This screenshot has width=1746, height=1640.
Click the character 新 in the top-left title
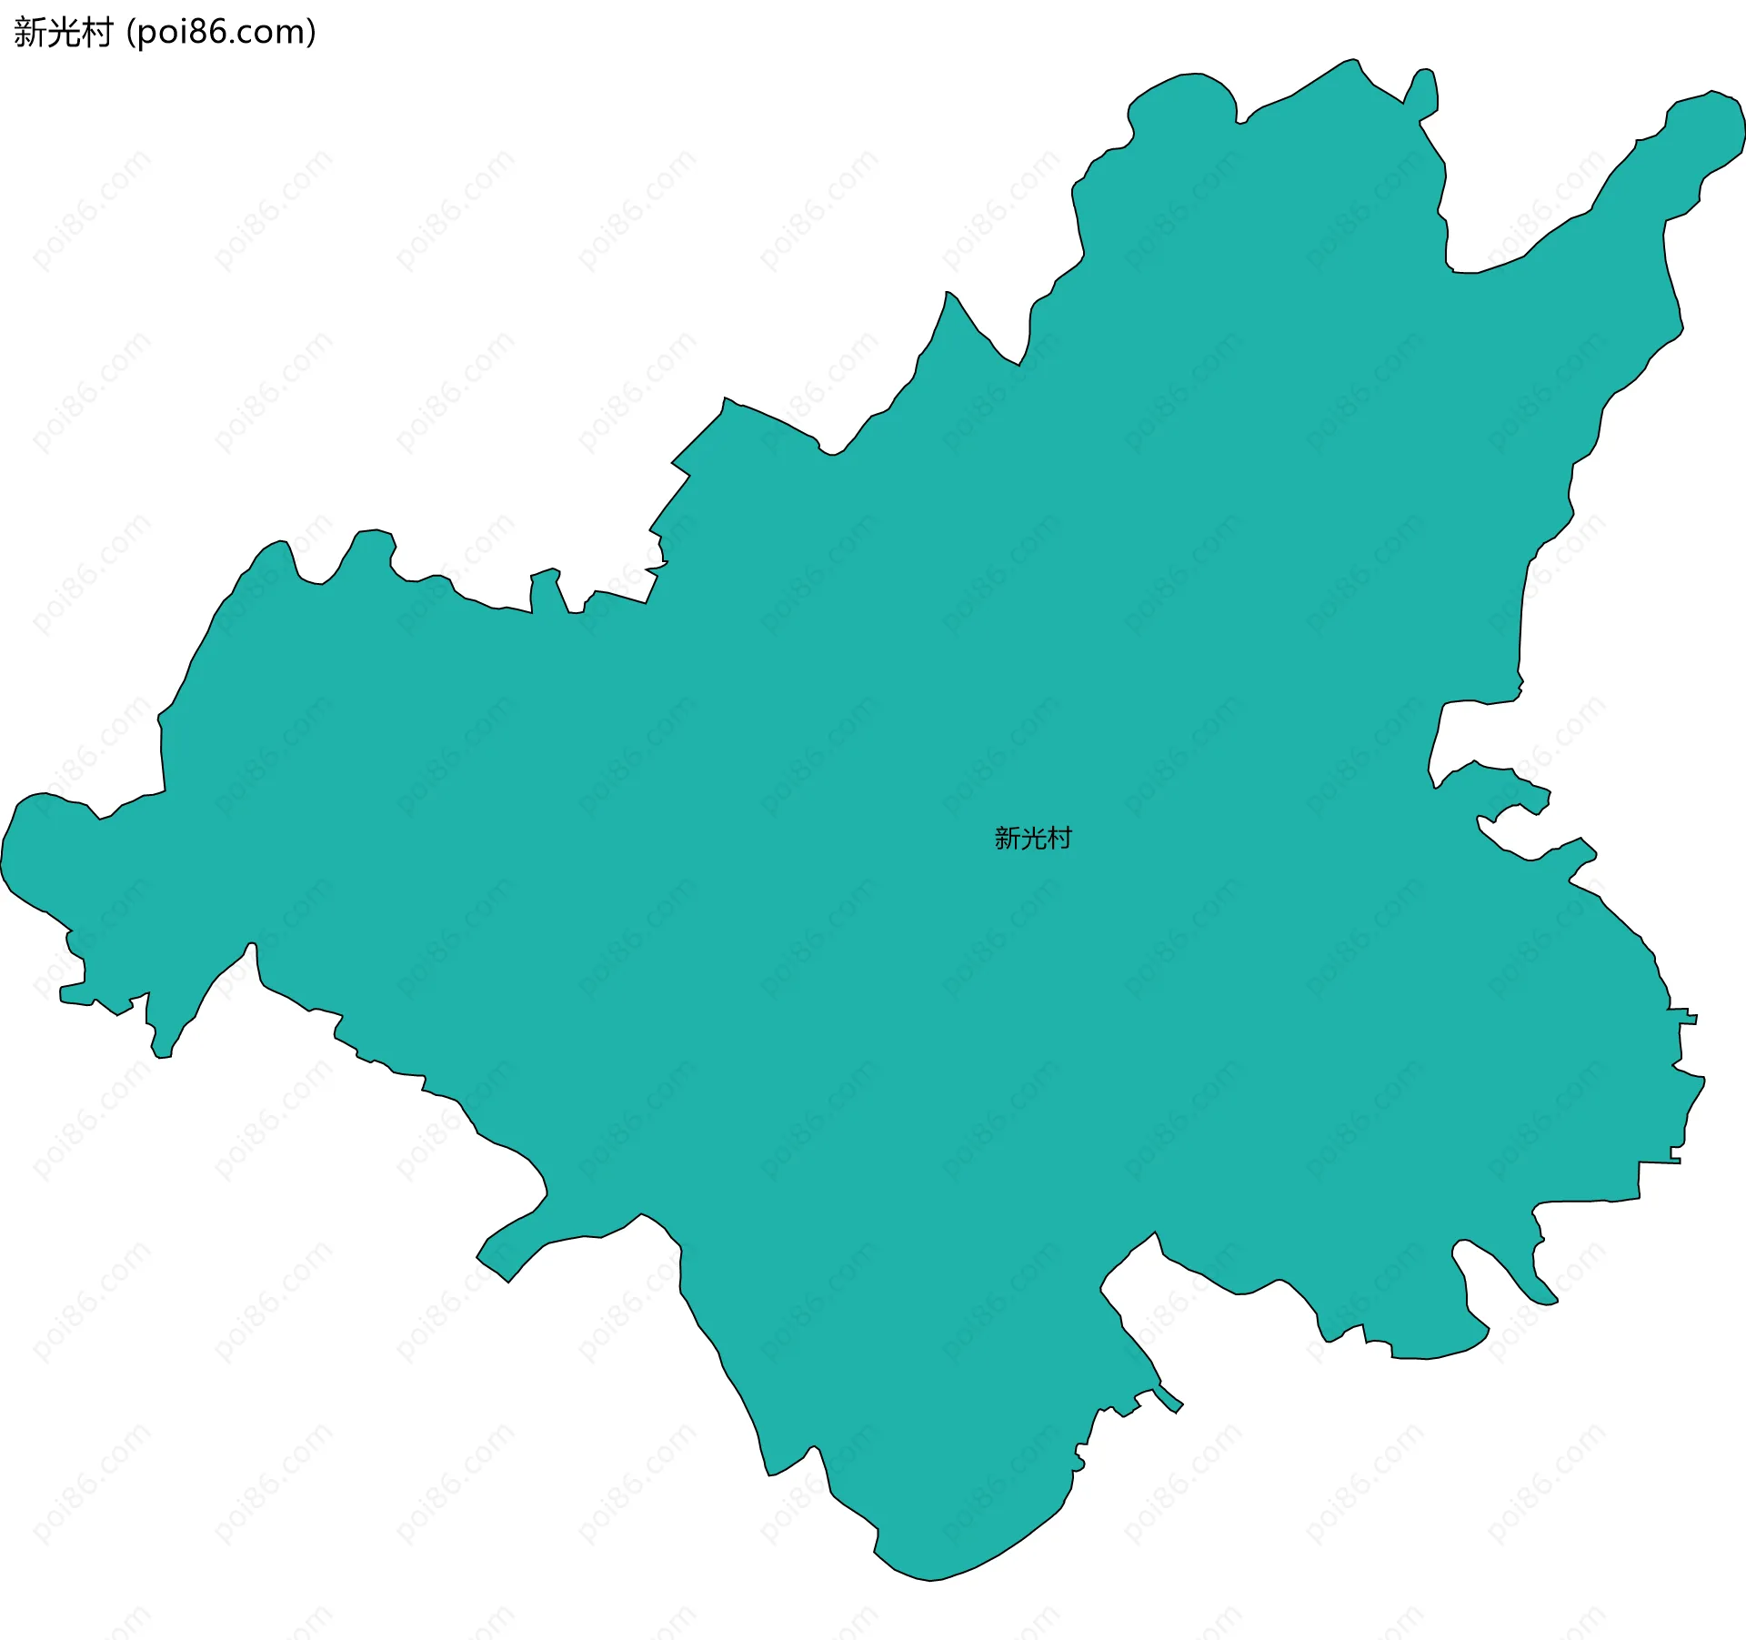[31, 33]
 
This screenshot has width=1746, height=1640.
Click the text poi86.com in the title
[222, 33]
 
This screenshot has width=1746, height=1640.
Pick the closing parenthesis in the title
[312, 33]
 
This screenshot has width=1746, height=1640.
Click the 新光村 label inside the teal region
[1033, 838]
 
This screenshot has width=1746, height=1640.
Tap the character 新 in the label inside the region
[1008, 838]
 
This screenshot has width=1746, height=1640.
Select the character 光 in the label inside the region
[1033, 838]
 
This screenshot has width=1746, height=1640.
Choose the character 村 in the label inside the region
[1059, 838]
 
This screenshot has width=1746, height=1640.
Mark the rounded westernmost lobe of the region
[36, 846]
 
